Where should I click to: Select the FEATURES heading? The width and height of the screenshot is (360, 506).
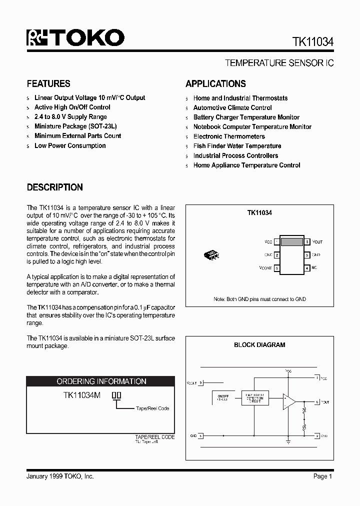tap(48, 83)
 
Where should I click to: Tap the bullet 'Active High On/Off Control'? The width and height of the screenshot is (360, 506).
tap(72, 107)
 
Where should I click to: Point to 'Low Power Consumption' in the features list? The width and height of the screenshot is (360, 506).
tap(70, 146)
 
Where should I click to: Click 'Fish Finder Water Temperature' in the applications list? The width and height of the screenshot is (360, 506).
tap(237, 146)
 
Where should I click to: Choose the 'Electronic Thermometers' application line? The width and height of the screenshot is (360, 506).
tap(229, 136)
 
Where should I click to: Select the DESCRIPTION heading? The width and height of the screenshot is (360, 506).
tap(54, 187)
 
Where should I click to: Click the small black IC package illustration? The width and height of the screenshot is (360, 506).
tap(212, 255)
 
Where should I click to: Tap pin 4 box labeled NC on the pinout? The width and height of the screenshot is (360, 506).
tap(306, 268)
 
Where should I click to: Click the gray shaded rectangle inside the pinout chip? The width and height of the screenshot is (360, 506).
tap(291, 242)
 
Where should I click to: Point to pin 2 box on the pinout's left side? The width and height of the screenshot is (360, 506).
tap(276, 255)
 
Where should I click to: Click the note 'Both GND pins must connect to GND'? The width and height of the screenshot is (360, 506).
tap(259, 299)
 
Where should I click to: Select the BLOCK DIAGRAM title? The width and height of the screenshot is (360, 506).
tap(259, 344)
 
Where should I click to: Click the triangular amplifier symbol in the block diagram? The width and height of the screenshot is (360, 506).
tap(288, 401)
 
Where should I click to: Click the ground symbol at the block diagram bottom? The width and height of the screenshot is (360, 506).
tap(288, 441)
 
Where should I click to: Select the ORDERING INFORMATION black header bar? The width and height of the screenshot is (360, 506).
tap(101, 381)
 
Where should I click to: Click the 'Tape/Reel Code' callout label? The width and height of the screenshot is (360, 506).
tap(152, 408)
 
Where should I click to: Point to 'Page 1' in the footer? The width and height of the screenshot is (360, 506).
tap(322, 476)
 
